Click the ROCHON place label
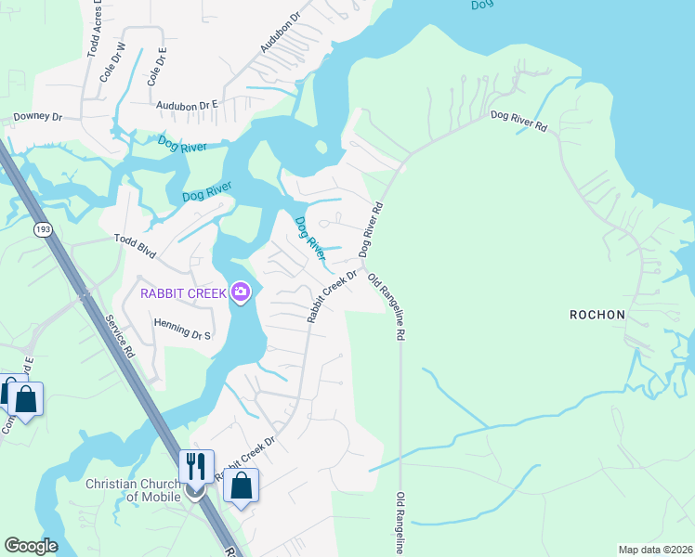coord(597,315)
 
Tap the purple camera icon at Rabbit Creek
coord(241,293)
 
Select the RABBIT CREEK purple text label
coord(182,293)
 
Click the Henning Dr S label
coord(181,328)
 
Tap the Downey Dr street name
coord(36,118)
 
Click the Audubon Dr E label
coord(186,106)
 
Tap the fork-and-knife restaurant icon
coord(196,465)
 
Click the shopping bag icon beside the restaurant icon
coord(241,485)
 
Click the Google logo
coord(31,546)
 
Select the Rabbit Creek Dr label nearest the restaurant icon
coord(246,458)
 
